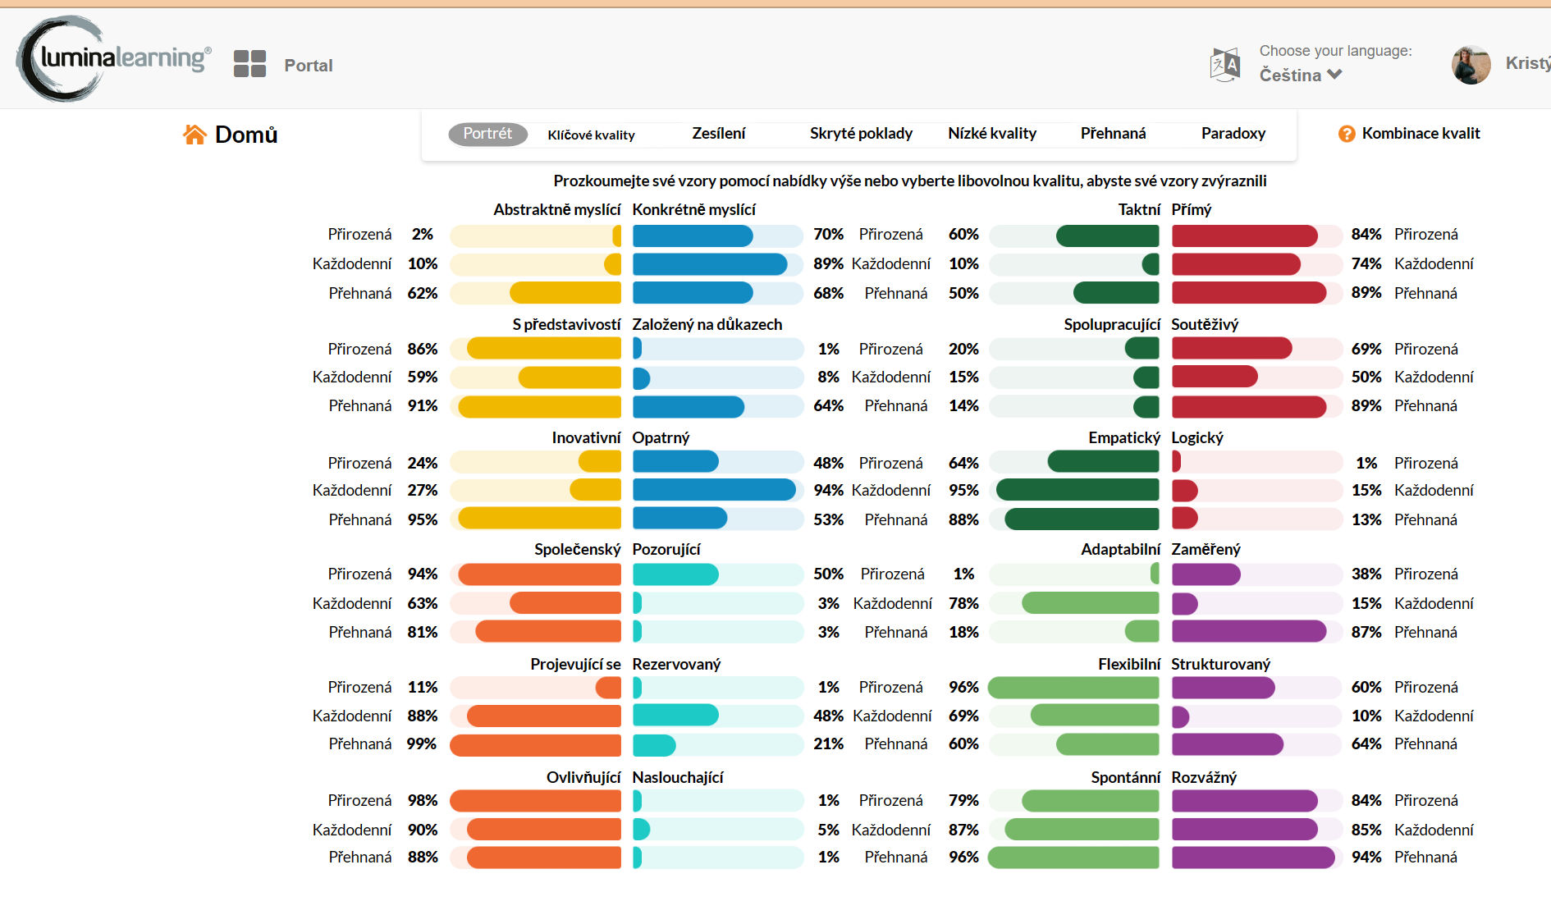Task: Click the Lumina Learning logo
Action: click(x=113, y=58)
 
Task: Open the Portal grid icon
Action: click(x=249, y=64)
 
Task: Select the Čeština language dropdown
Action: click(x=1301, y=75)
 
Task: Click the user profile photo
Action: click(x=1471, y=65)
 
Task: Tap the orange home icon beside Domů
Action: click(x=194, y=135)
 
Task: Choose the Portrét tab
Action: click(x=487, y=134)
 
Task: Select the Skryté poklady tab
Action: click(x=861, y=134)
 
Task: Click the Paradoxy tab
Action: click(x=1233, y=134)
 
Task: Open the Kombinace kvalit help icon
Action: click(x=1347, y=134)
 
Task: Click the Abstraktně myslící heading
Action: click(x=556, y=210)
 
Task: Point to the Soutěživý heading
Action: click(x=1205, y=325)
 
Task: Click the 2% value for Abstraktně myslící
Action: click(x=423, y=235)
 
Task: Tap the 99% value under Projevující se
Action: click(x=422, y=744)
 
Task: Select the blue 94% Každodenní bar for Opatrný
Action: click(x=714, y=491)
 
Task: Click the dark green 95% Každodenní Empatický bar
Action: click(x=1077, y=491)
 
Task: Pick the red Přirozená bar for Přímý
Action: click(x=1244, y=236)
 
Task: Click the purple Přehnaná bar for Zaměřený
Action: click(x=1248, y=632)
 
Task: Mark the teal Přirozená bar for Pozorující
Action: click(x=675, y=574)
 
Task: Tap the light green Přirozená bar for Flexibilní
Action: click(x=1073, y=688)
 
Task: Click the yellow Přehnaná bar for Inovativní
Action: click(x=539, y=519)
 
